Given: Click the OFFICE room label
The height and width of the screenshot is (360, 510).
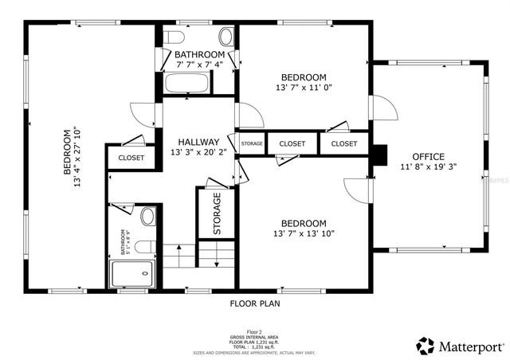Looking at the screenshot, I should pos(428,157).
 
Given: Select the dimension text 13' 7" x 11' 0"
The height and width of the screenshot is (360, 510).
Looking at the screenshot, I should pos(303,88).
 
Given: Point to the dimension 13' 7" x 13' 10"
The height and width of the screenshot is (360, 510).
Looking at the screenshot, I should pos(304,233).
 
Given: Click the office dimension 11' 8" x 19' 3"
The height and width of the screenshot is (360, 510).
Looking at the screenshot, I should pos(429,167).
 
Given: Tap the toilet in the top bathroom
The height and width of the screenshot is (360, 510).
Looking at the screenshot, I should pos(175,38).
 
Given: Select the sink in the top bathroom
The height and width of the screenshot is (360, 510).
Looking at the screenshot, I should pos(226,37).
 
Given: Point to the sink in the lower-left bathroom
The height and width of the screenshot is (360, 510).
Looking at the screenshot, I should pos(147,217).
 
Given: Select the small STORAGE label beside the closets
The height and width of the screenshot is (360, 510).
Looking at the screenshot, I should pos(252,143).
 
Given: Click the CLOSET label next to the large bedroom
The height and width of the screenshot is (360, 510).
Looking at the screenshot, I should pos(131,158).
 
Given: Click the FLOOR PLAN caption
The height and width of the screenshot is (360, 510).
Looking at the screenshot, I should pos(255,303).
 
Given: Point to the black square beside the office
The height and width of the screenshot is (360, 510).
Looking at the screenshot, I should pos(380,155).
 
